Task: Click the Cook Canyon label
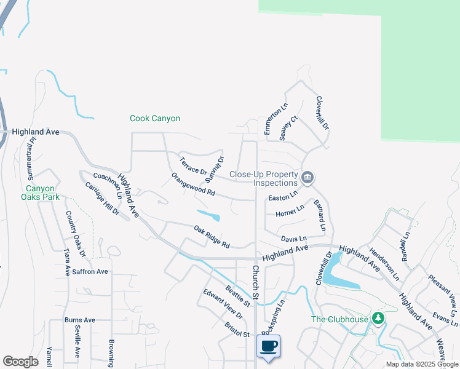click(155, 118)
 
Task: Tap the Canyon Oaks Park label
click(43, 192)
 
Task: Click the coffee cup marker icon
click(269, 347)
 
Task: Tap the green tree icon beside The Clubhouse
click(379, 318)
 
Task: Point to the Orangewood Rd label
click(193, 184)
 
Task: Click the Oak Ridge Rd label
click(212, 237)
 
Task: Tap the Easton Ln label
click(283, 197)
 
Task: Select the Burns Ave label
click(80, 320)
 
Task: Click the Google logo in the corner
click(20, 362)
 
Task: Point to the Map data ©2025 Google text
click(422, 364)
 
